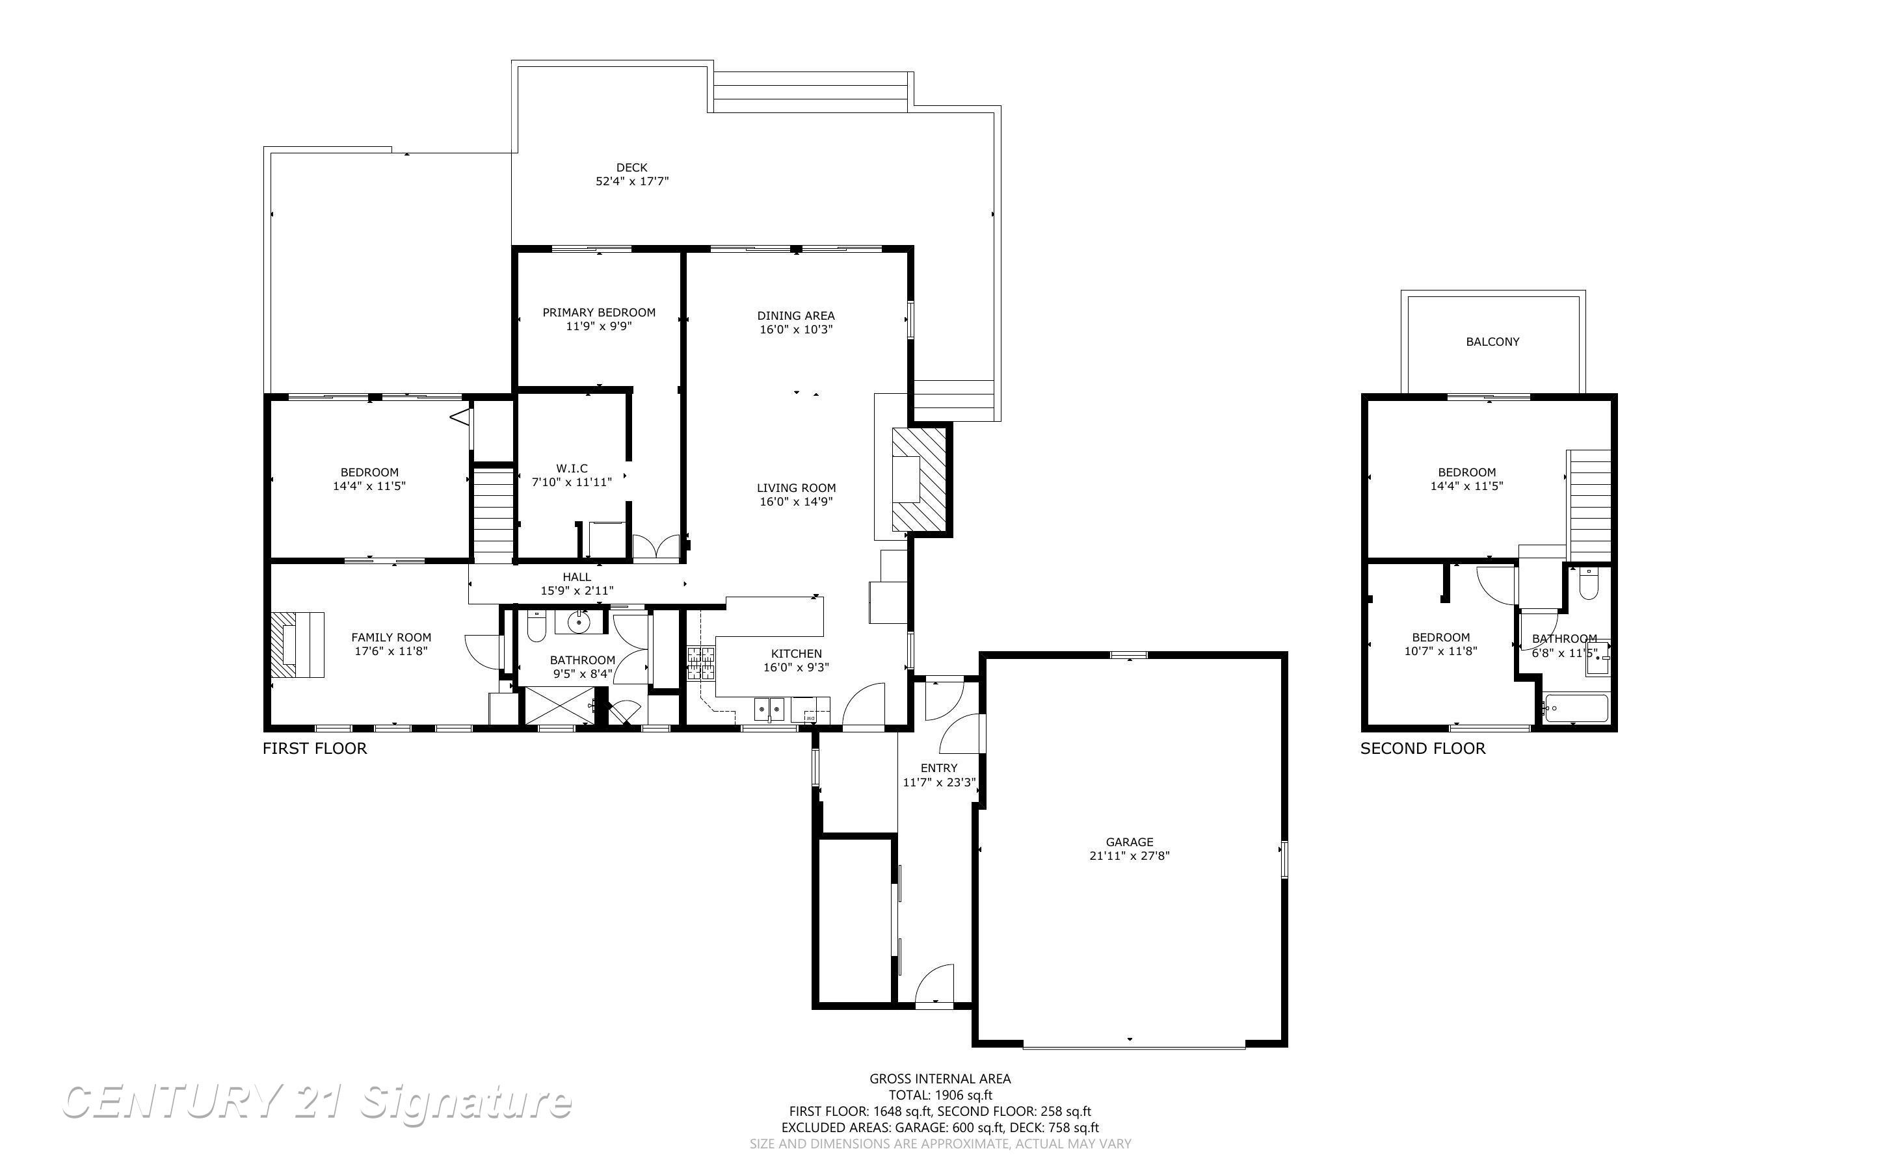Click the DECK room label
[x=631, y=167]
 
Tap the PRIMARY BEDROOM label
[x=598, y=313]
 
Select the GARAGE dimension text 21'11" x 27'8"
[x=1130, y=856]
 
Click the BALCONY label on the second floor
[x=1492, y=341]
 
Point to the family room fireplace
[x=297, y=644]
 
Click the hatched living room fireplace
[x=919, y=480]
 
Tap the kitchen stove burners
[x=700, y=663]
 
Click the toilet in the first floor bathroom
[x=537, y=626]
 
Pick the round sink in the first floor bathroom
[x=577, y=622]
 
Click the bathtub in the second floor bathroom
[x=1576, y=708]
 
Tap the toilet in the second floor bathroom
[x=1587, y=584]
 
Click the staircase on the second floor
[x=1590, y=504]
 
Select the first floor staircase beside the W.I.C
[x=494, y=513]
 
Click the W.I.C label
[x=572, y=469]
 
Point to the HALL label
[x=577, y=576]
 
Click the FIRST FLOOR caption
[x=314, y=749]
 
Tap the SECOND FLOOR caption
[x=1423, y=749]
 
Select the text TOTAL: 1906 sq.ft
[x=940, y=1095]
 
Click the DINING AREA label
[x=796, y=315]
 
